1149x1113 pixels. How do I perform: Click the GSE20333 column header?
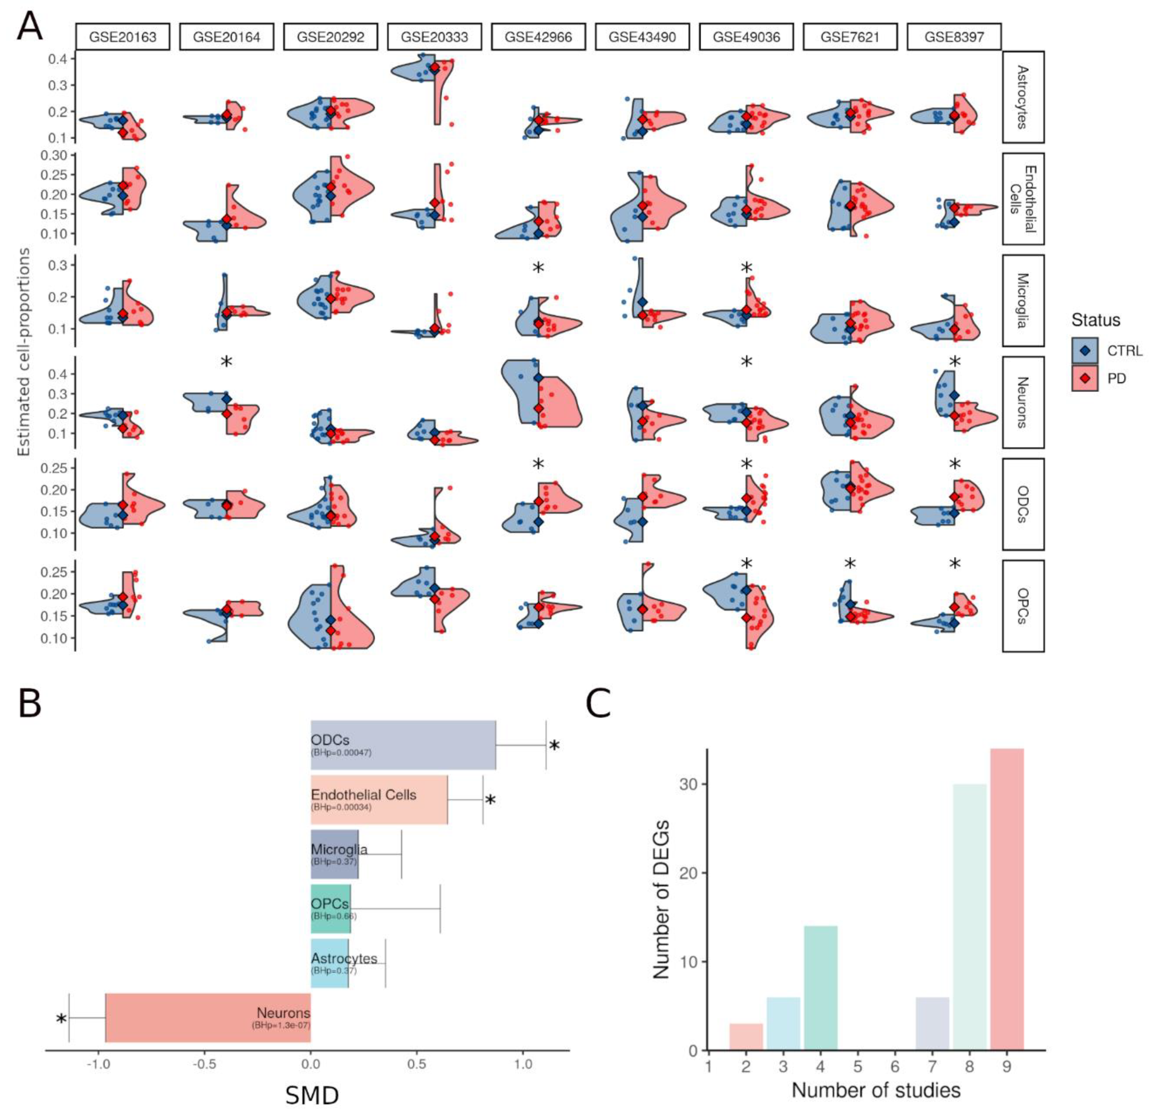pos(435,37)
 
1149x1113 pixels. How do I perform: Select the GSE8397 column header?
pos(954,37)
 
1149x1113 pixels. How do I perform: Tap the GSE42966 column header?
pos(538,37)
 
